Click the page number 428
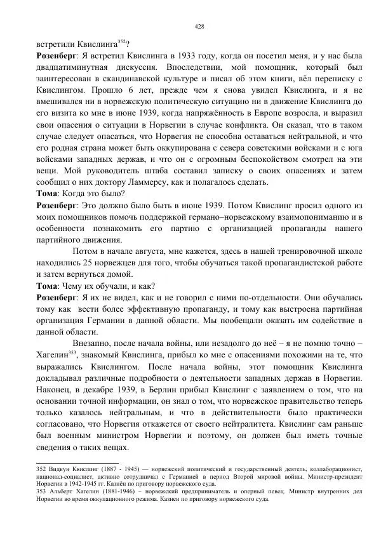pos(198,27)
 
